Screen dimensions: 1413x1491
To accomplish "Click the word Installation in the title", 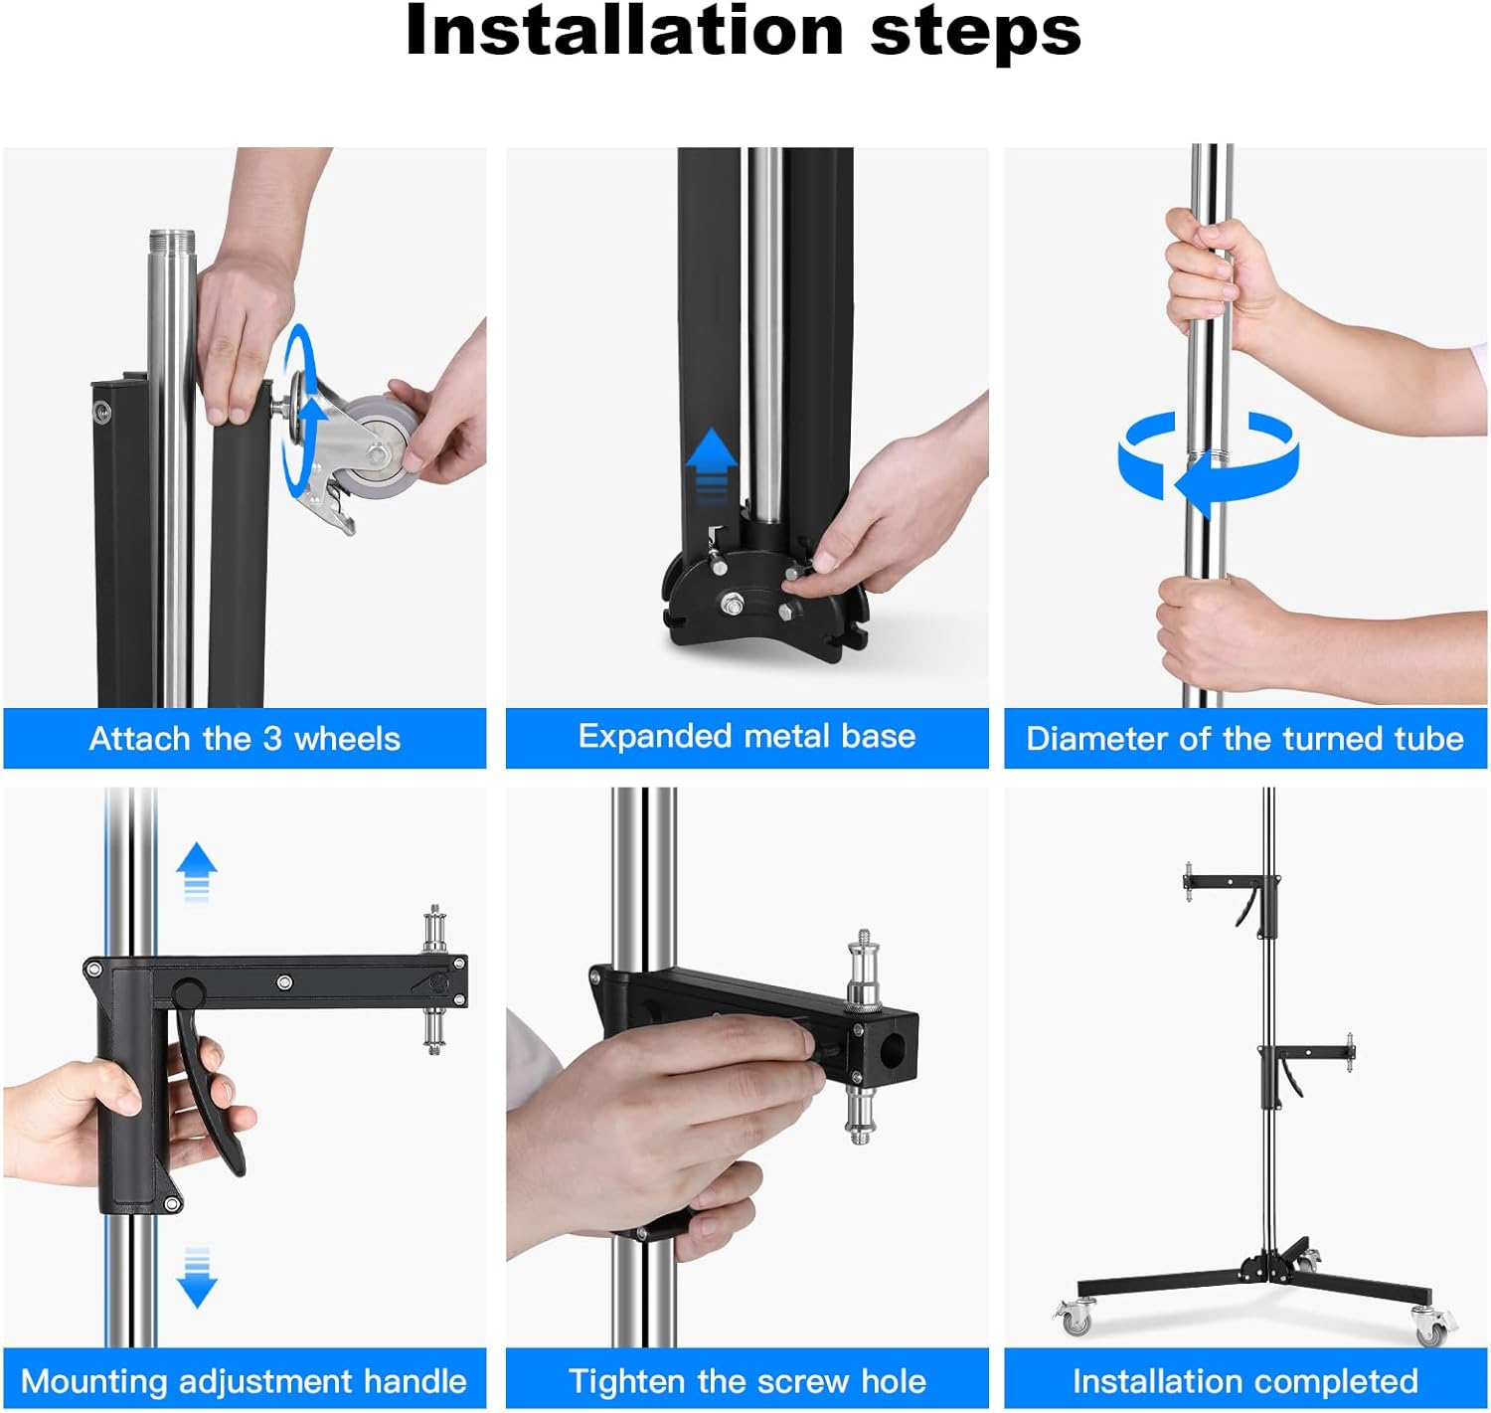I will [624, 32].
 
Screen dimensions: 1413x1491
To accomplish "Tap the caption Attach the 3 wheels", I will [245, 739].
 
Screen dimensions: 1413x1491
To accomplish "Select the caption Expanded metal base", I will [746, 737].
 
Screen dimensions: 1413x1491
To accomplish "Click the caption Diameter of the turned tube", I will [1244, 739].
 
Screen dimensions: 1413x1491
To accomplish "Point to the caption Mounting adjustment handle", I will [244, 1381].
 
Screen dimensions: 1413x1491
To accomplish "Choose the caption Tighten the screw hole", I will [746, 1381].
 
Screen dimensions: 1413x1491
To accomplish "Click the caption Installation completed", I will [1244, 1381].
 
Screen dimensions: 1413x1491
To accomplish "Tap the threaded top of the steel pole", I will [170, 245].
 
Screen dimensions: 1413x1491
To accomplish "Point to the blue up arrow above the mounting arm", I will [197, 869].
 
